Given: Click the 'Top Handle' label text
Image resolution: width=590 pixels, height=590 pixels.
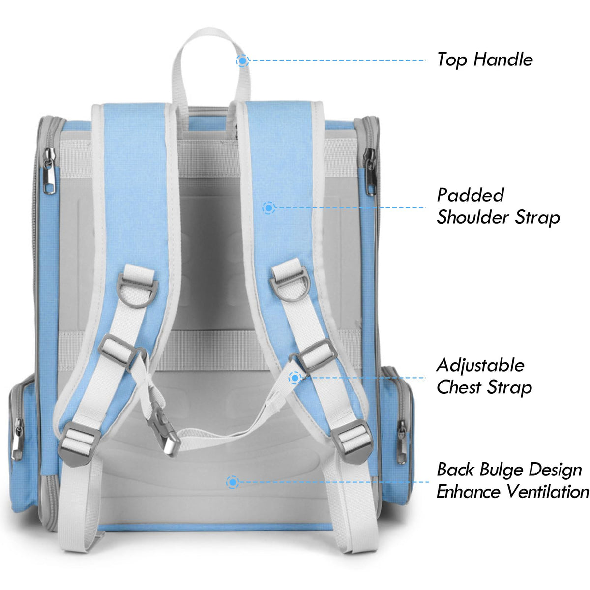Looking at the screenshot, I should [485, 59].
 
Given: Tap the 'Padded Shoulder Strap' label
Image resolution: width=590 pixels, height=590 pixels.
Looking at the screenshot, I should [498, 206].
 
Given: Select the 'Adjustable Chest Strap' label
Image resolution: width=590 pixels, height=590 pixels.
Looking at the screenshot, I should [484, 376].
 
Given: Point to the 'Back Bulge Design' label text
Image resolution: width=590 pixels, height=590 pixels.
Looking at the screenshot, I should [509, 470].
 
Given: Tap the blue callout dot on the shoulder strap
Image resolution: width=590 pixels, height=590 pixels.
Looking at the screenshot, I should [268, 208].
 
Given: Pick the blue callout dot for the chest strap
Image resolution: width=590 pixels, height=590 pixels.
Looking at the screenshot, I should [295, 378].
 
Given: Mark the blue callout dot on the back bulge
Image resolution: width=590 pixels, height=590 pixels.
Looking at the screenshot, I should [233, 482].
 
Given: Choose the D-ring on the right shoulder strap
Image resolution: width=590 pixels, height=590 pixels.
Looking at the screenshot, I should [290, 284].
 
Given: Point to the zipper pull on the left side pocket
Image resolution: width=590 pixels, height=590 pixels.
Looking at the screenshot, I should [18, 438].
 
